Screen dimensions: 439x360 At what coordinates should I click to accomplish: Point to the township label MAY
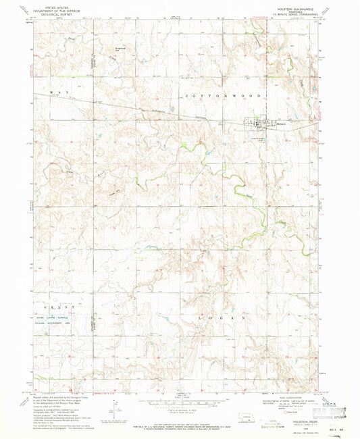pyautogui.click(x=55, y=91)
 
